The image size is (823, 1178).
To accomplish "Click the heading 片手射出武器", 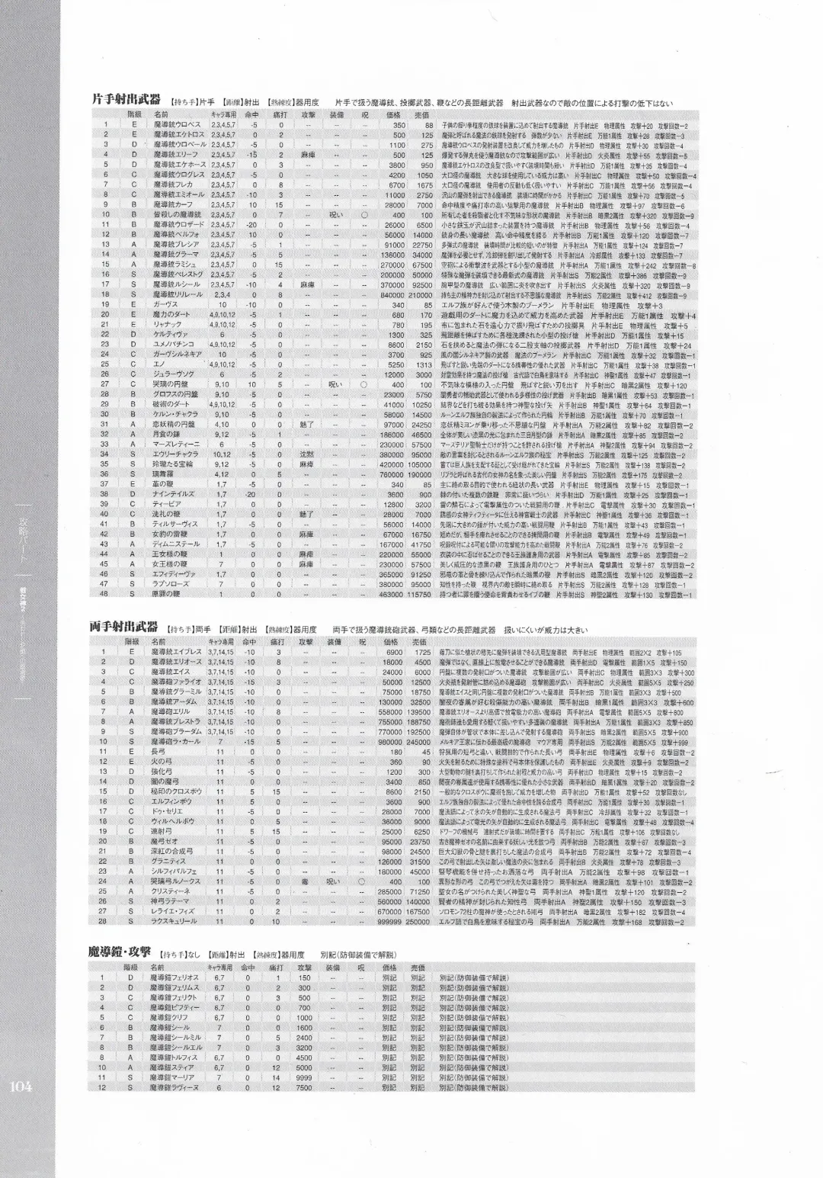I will pos(126,99).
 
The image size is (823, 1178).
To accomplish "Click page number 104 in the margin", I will pos(21,1087).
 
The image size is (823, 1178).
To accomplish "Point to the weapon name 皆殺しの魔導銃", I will pos(178,215).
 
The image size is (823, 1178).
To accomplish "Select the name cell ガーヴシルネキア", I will pos(178,354).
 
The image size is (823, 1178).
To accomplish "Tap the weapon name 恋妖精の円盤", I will pos(174,424).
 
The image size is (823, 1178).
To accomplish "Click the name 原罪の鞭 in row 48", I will pos(168,593).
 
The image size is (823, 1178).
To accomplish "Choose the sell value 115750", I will pos(418,593).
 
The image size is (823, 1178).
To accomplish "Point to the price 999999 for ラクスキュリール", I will pos(389,921).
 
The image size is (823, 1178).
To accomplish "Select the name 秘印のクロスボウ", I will pos(178,791).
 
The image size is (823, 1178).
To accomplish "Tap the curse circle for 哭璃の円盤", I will pos(363,384).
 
